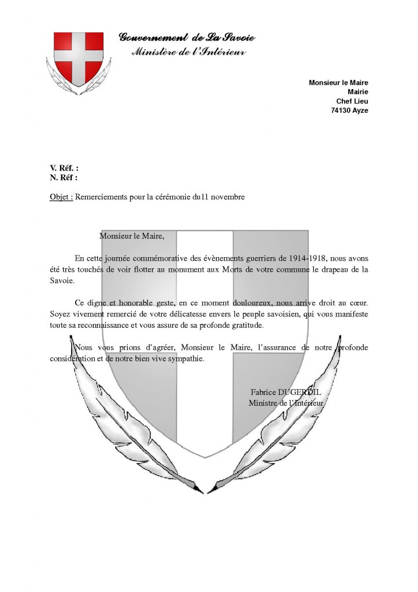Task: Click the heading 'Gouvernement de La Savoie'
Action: tap(187, 37)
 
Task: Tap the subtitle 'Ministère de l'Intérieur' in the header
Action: tap(189, 51)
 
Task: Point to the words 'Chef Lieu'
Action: tap(352, 101)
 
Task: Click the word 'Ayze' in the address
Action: tap(360, 110)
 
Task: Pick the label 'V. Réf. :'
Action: tap(64, 168)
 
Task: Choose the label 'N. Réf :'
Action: tap(64, 177)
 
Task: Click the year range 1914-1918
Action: tap(308, 258)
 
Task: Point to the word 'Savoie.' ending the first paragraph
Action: tap(62, 280)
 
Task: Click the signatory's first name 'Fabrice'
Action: tap(263, 392)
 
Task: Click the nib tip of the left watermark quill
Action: tap(202, 493)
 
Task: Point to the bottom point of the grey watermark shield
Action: tap(205, 457)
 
